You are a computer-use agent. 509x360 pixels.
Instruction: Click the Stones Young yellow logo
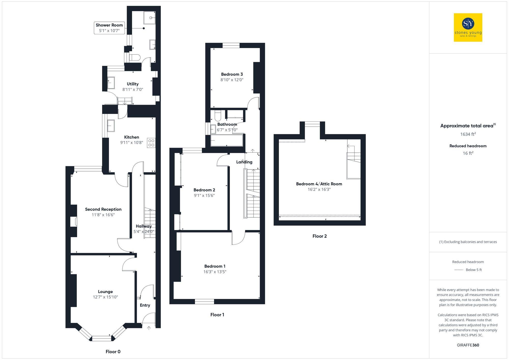pos(468,27)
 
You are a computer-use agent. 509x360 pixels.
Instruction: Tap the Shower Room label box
pos(109,28)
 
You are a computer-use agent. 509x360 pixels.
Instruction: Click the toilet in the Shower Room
pos(135,57)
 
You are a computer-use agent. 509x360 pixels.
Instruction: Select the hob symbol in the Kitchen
pos(151,143)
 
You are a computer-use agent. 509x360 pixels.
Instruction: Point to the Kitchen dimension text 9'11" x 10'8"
pos(132,143)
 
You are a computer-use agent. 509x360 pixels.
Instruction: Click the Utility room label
pos(133,84)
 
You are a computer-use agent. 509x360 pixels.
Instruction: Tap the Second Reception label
pos(103,209)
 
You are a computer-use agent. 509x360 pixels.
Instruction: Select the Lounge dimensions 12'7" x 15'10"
pos(105,297)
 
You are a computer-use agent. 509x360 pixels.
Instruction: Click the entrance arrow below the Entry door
pos(149,328)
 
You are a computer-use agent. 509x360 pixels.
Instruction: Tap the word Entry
pos(145,305)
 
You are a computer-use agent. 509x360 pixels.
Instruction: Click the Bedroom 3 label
pos(232,74)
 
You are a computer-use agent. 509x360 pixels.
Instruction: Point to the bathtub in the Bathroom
pos(227,141)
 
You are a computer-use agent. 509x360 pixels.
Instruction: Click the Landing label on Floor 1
pos(244,162)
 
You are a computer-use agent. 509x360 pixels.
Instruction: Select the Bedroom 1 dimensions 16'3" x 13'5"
pos(215,272)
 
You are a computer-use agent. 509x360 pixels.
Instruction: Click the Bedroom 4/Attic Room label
pos(319,184)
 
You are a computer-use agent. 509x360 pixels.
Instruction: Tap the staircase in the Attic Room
pos(354,163)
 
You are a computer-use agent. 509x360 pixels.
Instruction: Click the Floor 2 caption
pos(319,236)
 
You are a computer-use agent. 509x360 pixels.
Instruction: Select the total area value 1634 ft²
pos(468,134)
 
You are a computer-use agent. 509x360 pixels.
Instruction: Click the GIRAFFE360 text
pos(468,345)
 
